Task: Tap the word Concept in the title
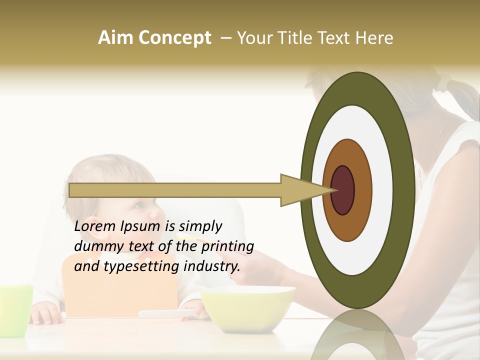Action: pyautogui.click(x=175, y=38)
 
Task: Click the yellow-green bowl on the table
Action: pyautogui.click(x=248, y=307)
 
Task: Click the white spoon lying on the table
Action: pyautogui.click(x=165, y=313)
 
